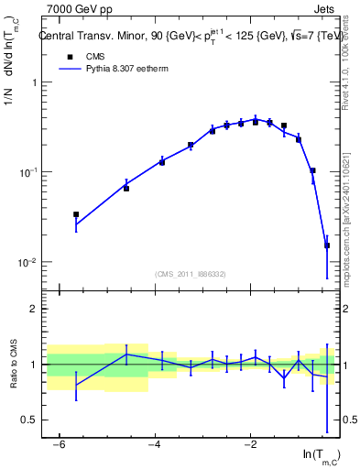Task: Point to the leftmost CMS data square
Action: [x=76, y=214]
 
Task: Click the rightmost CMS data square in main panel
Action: [x=327, y=245]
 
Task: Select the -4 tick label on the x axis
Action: [x=155, y=445]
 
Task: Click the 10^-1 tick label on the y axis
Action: [x=29, y=172]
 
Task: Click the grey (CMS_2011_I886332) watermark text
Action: [x=190, y=274]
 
